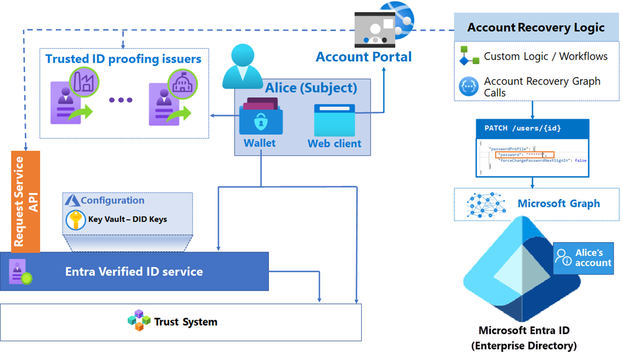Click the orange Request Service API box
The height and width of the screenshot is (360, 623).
tap(25, 202)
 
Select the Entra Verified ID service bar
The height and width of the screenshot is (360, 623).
tap(134, 272)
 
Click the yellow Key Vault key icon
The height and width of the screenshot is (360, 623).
tap(76, 220)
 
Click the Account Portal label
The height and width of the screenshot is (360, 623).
tap(363, 57)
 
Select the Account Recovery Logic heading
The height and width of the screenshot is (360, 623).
tap(536, 28)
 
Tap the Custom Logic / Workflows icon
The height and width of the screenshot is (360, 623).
tap(469, 57)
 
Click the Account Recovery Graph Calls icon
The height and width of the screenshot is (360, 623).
tap(469, 86)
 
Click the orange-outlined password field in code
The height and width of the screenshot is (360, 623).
tap(524, 155)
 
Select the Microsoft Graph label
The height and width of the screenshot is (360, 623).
tap(559, 204)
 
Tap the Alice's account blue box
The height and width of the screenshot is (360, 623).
tap(583, 258)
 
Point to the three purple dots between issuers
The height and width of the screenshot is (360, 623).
tap(120, 100)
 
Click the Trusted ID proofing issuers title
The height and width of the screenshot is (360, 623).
tap(124, 59)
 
